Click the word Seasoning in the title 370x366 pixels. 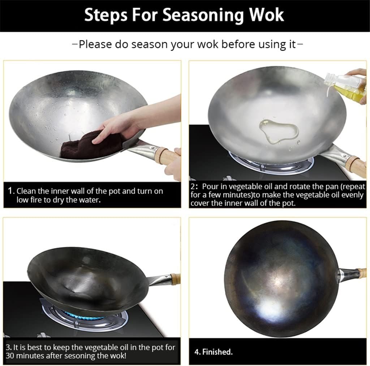click(x=203, y=16)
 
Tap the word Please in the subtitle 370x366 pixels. click(x=95, y=44)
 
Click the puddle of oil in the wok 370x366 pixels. click(x=279, y=131)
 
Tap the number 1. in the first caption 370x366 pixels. click(x=11, y=191)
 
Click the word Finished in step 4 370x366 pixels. click(x=217, y=352)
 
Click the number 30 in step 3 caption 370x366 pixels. click(x=10, y=356)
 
